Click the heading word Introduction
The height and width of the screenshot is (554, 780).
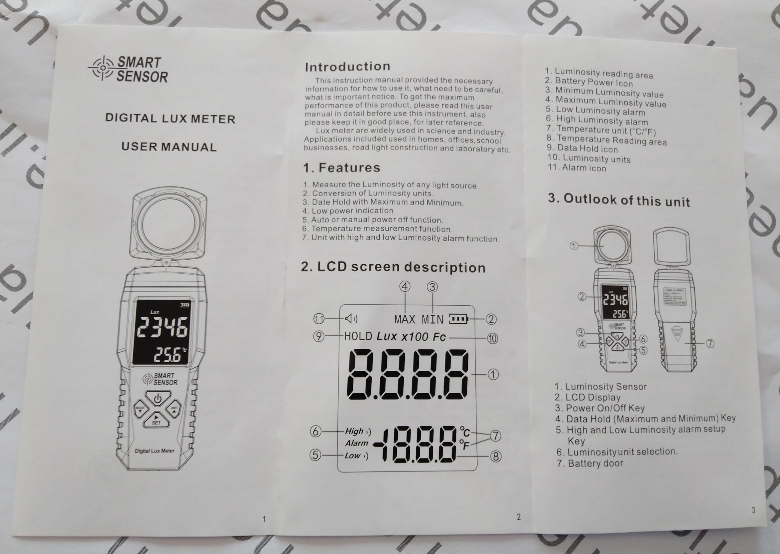[x=347, y=67]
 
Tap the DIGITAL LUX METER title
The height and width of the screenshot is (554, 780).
[x=170, y=118]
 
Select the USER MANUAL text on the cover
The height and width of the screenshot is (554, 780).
[x=169, y=147]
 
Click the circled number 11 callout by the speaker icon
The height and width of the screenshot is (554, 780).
[x=319, y=318]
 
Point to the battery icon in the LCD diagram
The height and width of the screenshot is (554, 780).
[x=459, y=319]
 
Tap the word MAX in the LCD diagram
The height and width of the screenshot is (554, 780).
[x=405, y=319]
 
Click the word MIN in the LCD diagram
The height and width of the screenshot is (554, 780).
[x=433, y=319]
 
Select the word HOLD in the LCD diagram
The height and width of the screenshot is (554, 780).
[x=358, y=336]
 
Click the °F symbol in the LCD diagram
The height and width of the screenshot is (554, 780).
[x=465, y=444]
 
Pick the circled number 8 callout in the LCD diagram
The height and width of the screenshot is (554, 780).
[x=495, y=456]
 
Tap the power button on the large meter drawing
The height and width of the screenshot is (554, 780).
[x=158, y=399]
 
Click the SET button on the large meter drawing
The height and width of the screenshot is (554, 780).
[x=156, y=420]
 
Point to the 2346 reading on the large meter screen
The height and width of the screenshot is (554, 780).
[x=163, y=327]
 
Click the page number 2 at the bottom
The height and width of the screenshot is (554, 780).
[x=518, y=517]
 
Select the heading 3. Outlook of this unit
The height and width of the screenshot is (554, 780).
[x=619, y=200]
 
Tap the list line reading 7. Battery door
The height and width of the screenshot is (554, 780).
[x=590, y=463]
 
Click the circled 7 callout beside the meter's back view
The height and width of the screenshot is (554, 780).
[x=710, y=343]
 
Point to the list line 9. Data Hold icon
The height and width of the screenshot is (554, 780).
[x=582, y=148]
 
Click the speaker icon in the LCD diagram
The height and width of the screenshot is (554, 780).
[x=351, y=318]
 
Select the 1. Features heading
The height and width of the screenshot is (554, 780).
[x=342, y=168]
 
